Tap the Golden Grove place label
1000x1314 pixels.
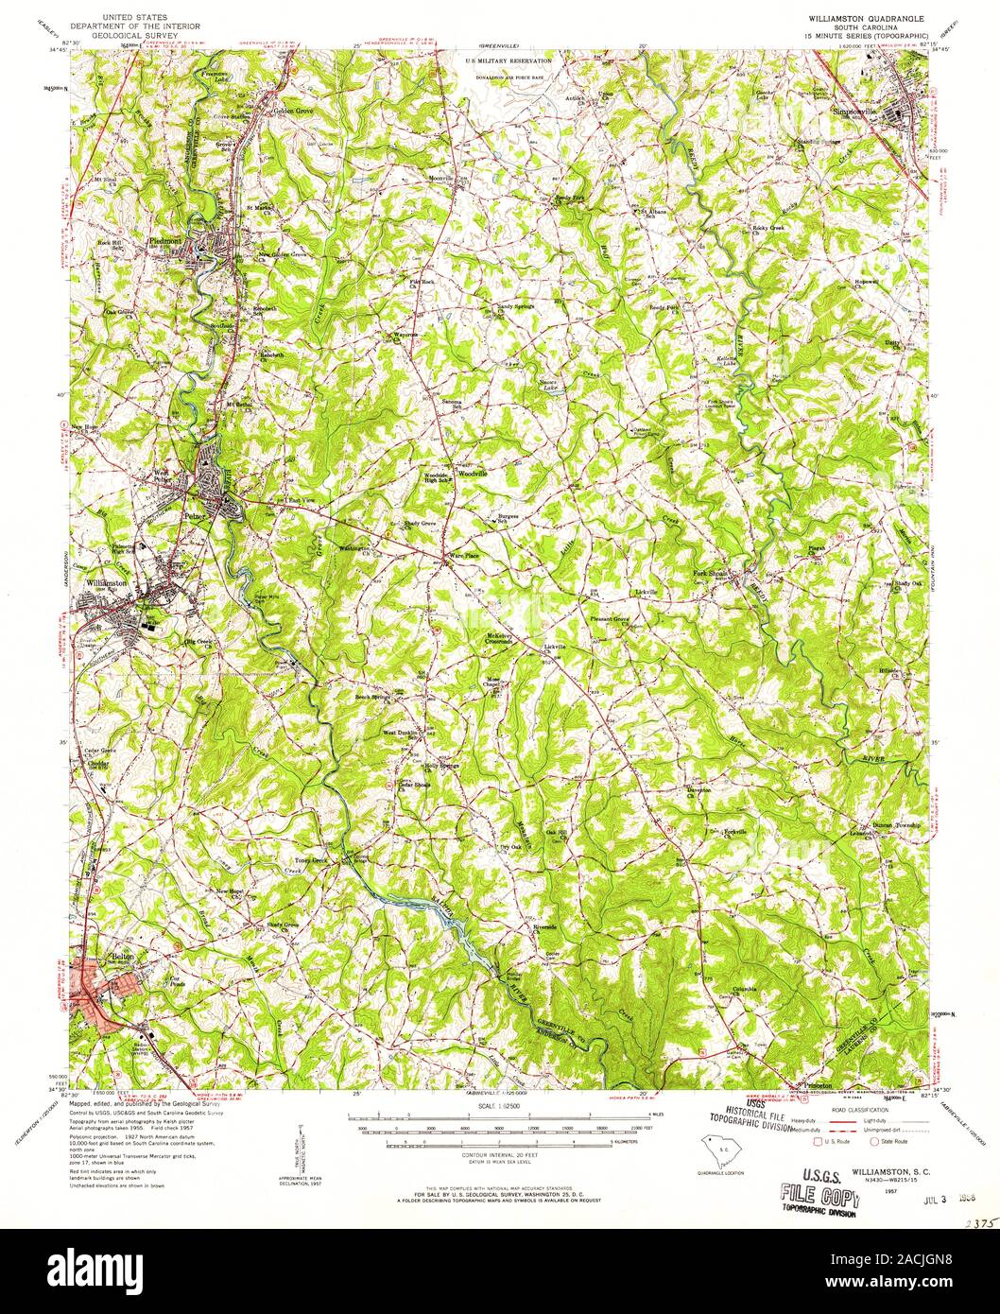(x=292, y=110)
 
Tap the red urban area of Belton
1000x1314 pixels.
(x=95, y=984)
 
